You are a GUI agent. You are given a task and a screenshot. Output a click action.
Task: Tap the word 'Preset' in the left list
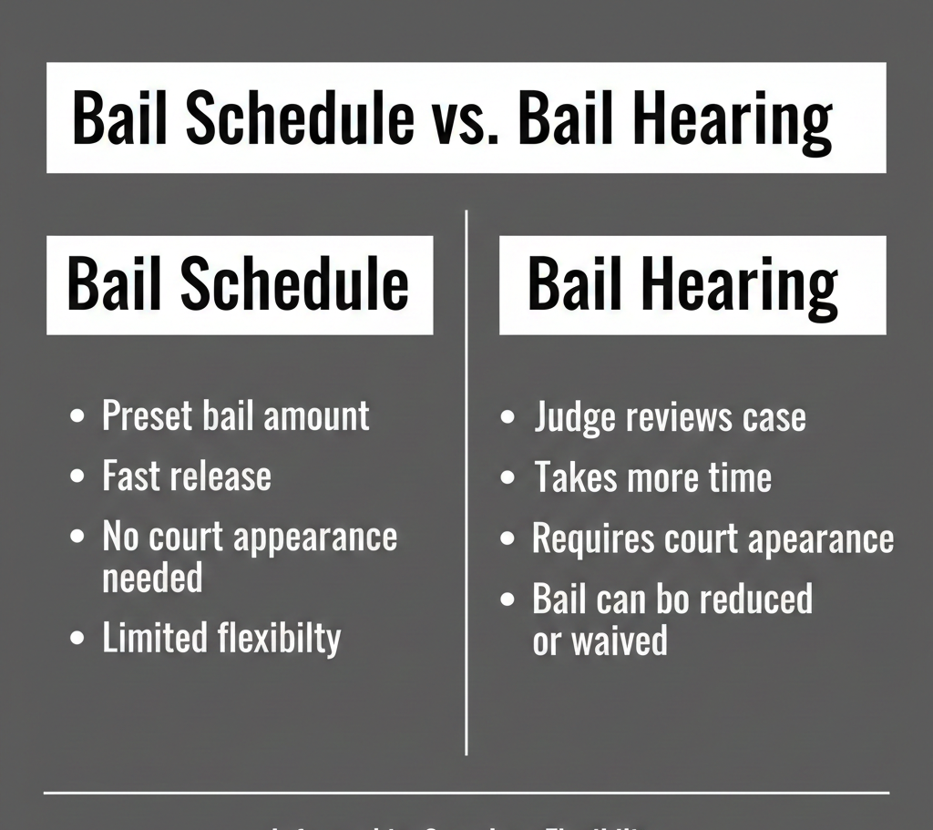[147, 415]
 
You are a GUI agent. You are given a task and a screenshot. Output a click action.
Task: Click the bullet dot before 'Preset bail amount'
[78, 416]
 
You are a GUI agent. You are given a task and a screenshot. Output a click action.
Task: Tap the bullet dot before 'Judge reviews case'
[509, 418]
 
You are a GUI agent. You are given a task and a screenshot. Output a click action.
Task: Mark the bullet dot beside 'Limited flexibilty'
[78, 638]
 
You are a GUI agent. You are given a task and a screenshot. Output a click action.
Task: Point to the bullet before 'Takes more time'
[509, 478]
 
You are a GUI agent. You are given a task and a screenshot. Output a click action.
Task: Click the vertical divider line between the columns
[466, 483]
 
